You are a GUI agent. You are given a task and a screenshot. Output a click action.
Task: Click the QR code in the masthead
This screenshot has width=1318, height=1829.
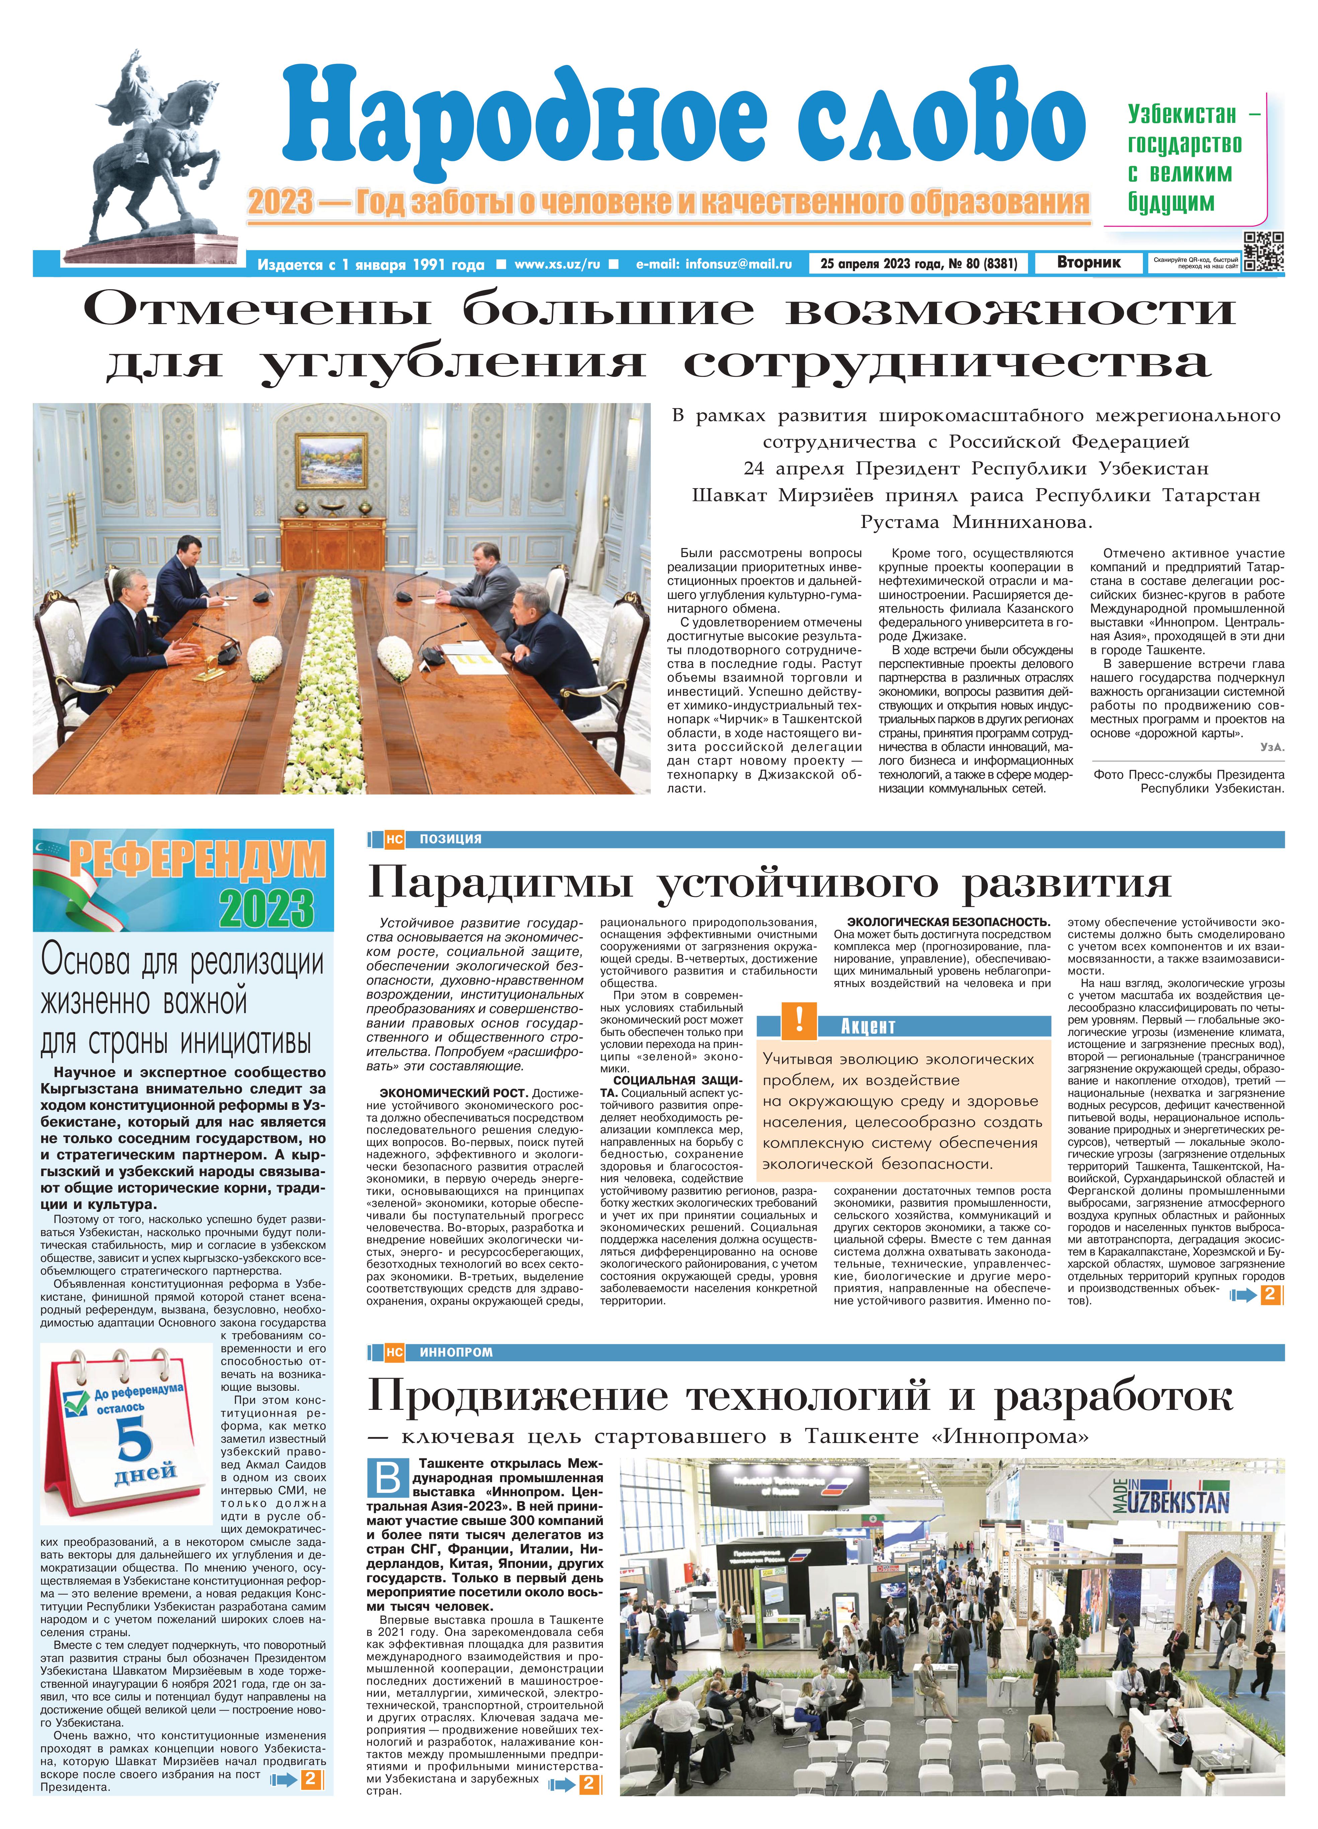tap(1263, 252)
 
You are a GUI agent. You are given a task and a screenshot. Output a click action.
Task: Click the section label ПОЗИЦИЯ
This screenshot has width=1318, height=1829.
tap(450, 839)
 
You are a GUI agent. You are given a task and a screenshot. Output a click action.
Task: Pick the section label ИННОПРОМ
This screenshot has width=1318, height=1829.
tap(456, 1352)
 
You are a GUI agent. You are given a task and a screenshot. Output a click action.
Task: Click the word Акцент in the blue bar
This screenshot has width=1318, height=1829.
tap(868, 1026)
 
